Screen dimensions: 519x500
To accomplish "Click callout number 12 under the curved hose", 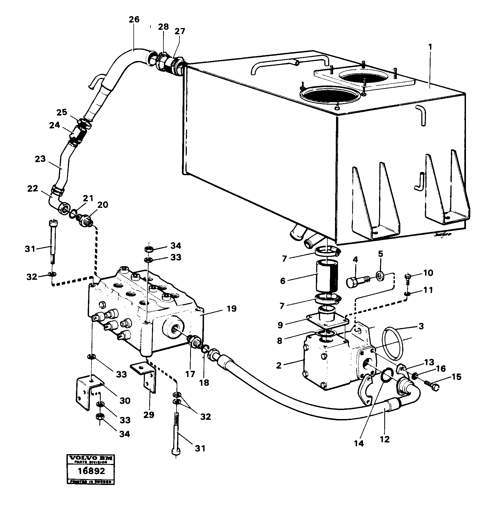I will (x=385, y=439).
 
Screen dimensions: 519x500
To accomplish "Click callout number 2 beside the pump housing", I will (x=278, y=366).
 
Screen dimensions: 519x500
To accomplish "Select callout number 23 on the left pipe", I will (x=40, y=159).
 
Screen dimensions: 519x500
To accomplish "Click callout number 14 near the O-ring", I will (x=359, y=444).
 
